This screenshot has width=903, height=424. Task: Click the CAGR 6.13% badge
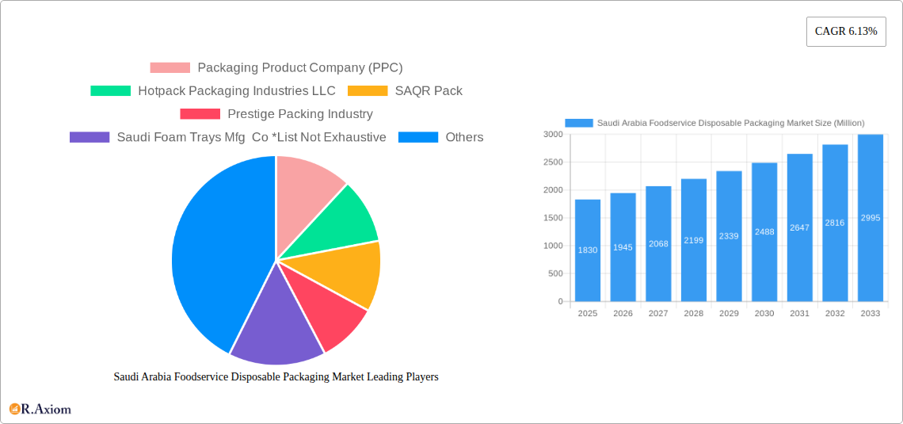point(845,32)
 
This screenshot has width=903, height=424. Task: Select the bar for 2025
point(588,250)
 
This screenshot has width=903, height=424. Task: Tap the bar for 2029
point(729,236)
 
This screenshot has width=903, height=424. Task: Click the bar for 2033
point(870,218)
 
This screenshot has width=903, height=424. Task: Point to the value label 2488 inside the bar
point(764,231)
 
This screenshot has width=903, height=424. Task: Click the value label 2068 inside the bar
point(658,244)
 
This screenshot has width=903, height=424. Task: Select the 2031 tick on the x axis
point(799,313)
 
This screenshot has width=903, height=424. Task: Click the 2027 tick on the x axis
point(658,313)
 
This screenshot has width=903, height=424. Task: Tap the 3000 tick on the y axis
point(552,135)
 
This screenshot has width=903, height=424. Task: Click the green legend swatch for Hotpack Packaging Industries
point(110,91)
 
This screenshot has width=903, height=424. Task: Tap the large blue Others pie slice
point(214,254)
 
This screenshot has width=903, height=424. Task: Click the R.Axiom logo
point(40,409)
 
